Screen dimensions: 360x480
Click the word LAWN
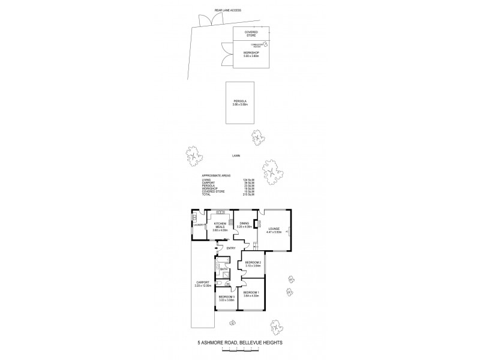(x=237, y=155)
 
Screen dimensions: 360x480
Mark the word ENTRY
(x=230, y=248)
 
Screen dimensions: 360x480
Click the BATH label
(x=224, y=269)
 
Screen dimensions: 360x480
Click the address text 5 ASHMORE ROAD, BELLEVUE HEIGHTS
(x=240, y=343)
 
